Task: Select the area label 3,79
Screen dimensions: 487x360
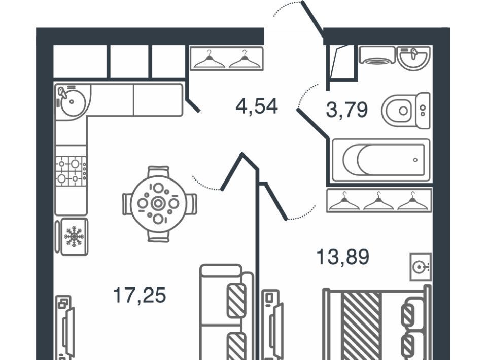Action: click(347, 110)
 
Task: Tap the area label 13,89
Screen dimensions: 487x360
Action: click(343, 257)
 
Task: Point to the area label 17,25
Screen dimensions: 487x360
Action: click(140, 295)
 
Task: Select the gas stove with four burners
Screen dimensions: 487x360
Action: click(71, 171)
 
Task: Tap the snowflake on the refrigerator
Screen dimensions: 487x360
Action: click(74, 236)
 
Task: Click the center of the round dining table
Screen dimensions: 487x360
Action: click(158, 204)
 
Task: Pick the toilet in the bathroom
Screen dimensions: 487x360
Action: click(406, 111)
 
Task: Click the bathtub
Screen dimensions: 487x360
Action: click(381, 160)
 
